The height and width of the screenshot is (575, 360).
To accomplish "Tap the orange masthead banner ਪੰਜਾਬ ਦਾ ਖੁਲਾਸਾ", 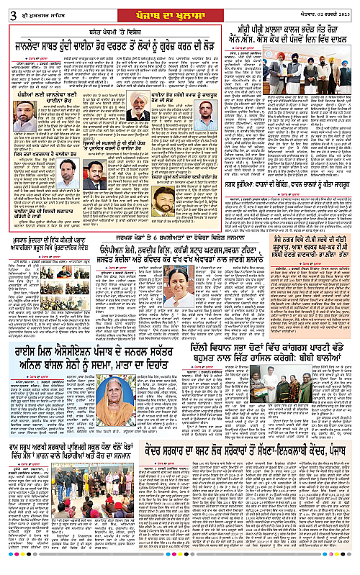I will [x=179, y=9].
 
